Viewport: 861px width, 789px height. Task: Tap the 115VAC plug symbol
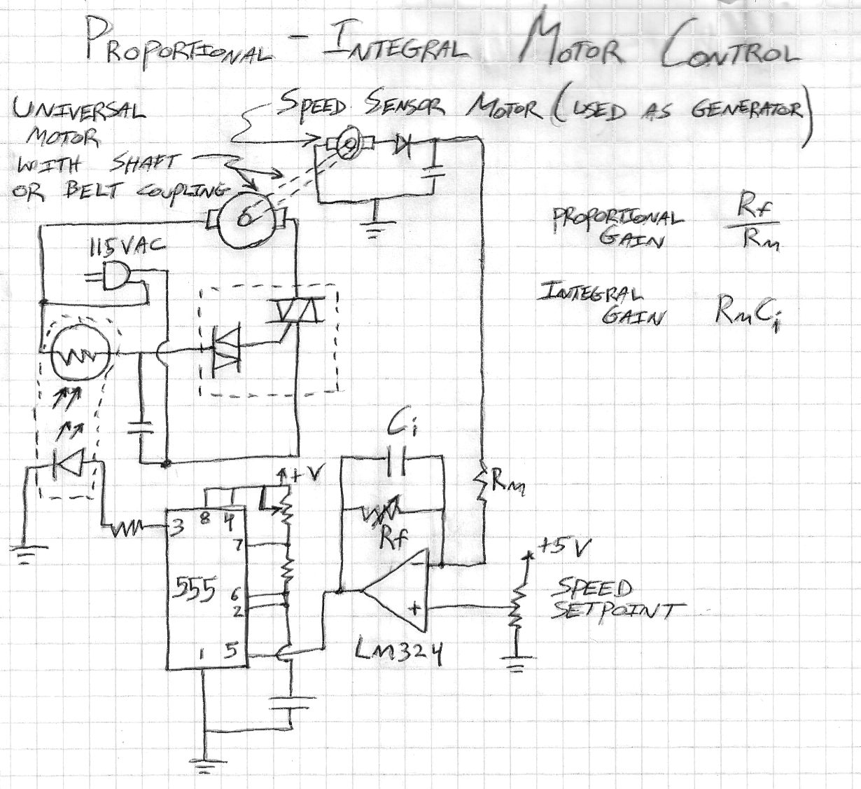coord(116,276)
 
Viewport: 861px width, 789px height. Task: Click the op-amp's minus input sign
coord(417,560)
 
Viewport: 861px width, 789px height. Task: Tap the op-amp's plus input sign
coord(415,607)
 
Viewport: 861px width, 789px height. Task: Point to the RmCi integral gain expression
coord(747,314)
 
